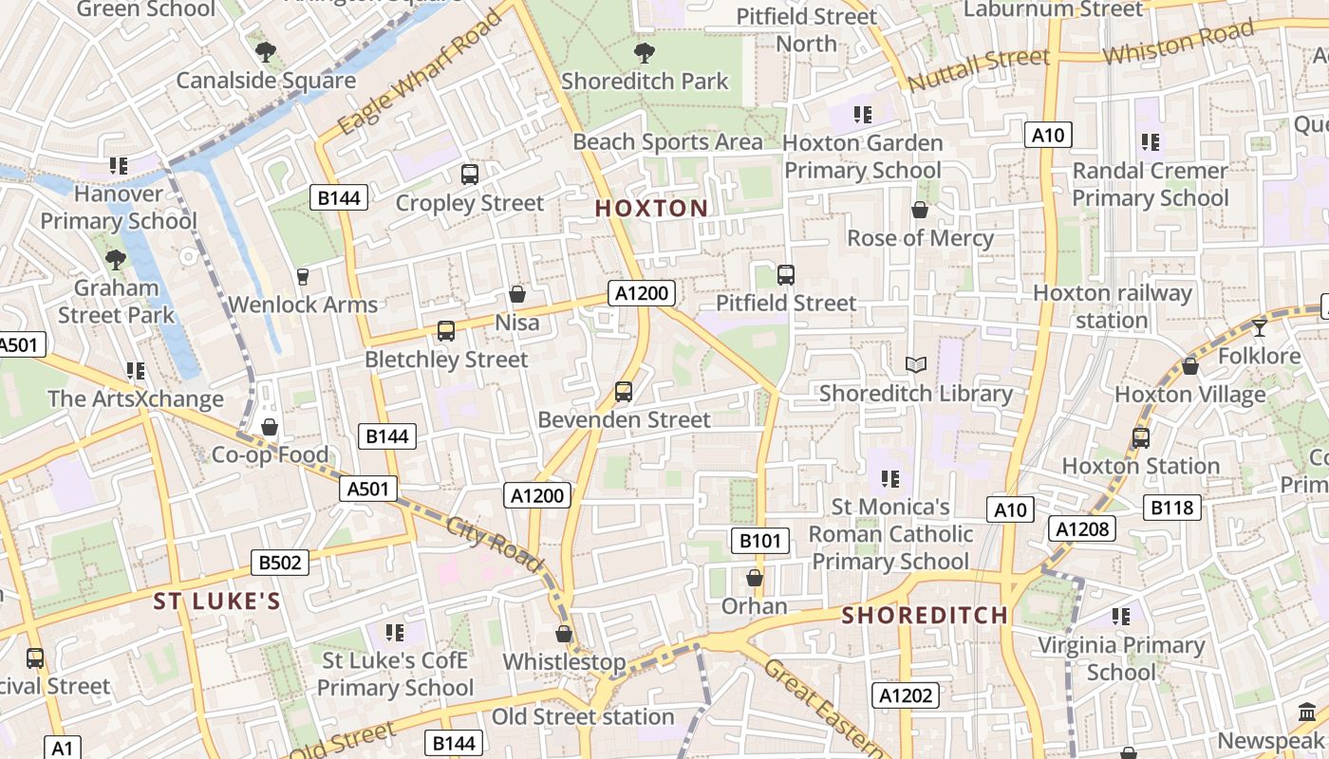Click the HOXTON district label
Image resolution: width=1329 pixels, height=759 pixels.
(x=651, y=209)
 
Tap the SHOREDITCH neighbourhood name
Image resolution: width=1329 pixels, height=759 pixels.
(x=925, y=615)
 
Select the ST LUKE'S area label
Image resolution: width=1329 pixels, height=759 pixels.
(x=217, y=602)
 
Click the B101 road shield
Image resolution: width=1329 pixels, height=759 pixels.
(x=760, y=541)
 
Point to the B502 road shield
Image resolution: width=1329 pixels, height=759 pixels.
(x=280, y=563)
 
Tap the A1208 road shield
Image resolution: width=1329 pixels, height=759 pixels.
(x=1082, y=528)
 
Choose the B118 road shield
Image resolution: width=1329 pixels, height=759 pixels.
(x=1172, y=508)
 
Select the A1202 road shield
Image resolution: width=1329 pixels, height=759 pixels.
(x=906, y=695)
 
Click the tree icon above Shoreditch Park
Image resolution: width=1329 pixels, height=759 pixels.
(x=644, y=52)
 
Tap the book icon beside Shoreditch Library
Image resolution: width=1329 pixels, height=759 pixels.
(x=915, y=365)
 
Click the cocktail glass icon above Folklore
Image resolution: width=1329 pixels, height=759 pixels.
(x=1260, y=328)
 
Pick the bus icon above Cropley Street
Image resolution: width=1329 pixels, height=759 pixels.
(x=470, y=174)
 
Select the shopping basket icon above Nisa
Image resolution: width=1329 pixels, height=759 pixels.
(x=517, y=294)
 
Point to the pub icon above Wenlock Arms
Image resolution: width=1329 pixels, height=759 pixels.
(x=303, y=276)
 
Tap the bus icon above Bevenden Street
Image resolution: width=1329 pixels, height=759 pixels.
(x=624, y=391)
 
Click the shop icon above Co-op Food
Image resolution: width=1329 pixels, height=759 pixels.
(x=270, y=427)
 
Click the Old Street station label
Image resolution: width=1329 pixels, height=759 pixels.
(x=582, y=717)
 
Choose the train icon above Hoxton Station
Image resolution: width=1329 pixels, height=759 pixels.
(x=1140, y=438)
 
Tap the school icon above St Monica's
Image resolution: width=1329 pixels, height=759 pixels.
(x=889, y=479)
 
